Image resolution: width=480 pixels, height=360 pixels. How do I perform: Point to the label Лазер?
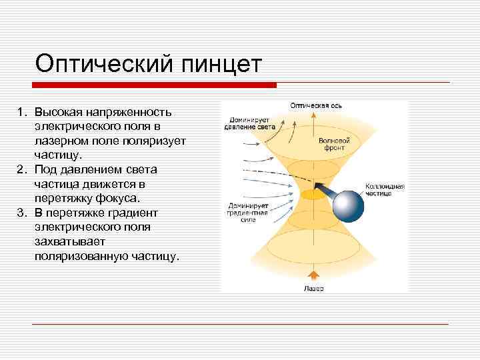[x=313, y=288]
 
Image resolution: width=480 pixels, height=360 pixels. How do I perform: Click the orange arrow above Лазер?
[x=313, y=275]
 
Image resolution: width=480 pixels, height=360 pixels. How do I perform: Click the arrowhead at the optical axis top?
[x=313, y=114]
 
